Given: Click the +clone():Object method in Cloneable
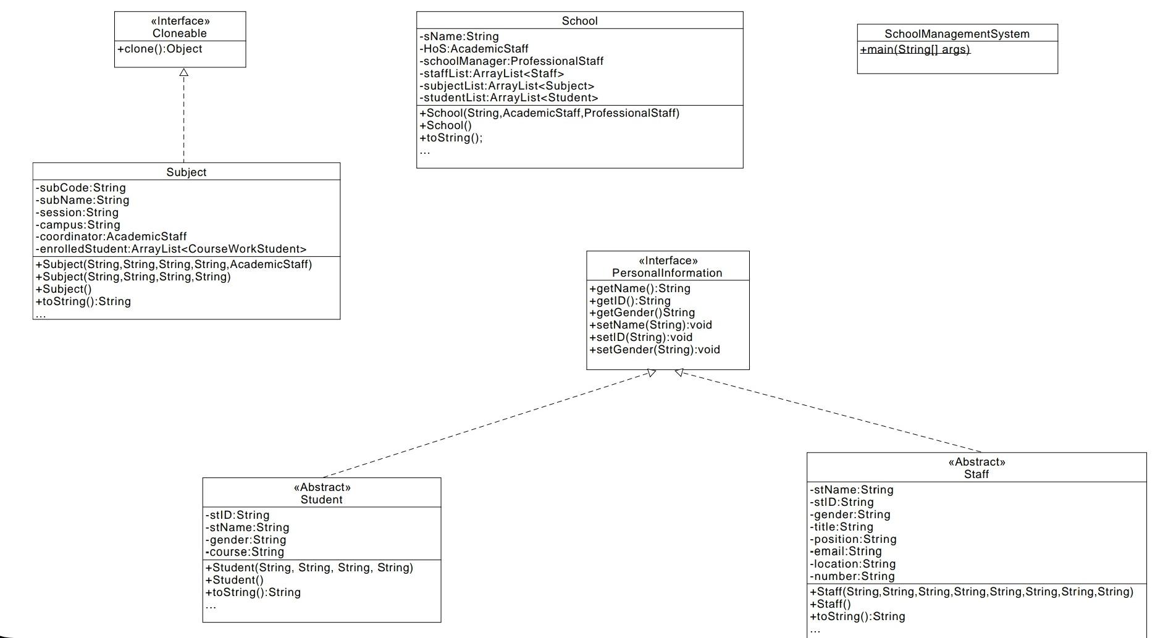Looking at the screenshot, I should pyautogui.click(x=160, y=49).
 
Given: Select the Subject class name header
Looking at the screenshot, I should pyautogui.click(x=186, y=172).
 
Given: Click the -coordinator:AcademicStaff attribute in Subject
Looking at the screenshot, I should pyautogui.click(x=111, y=237).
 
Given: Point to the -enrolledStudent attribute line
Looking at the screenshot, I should pyautogui.click(x=171, y=249).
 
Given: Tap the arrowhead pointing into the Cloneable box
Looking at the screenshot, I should pyautogui.click(x=183, y=72).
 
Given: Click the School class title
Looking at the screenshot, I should pyautogui.click(x=579, y=21).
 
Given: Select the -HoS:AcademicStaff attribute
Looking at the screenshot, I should pyautogui.click(x=474, y=49).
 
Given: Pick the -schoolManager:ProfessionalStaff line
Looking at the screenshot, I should pyautogui.click(x=512, y=61).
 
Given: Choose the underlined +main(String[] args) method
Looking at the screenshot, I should pyautogui.click(x=915, y=49).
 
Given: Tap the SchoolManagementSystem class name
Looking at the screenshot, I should pyautogui.click(x=957, y=34).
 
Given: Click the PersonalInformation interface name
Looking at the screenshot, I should pyautogui.click(x=667, y=273).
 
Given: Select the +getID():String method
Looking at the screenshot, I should pyautogui.click(x=630, y=301).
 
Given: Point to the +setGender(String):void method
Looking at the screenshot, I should pyautogui.click(x=655, y=350).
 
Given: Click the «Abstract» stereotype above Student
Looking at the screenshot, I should pyautogui.click(x=322, y=487).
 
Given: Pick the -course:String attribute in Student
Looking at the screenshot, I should pyautogui.click(x=245, y=552).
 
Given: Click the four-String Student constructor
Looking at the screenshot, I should pyautogui.click(x=309, y=568).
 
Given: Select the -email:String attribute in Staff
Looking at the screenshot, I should pyautogui.click(x=846, y=552).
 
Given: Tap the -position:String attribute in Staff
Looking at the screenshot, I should pyautogui.click(x=854, y=539).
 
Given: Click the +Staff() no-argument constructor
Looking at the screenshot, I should pyautogui.click(x=831, y=604).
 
